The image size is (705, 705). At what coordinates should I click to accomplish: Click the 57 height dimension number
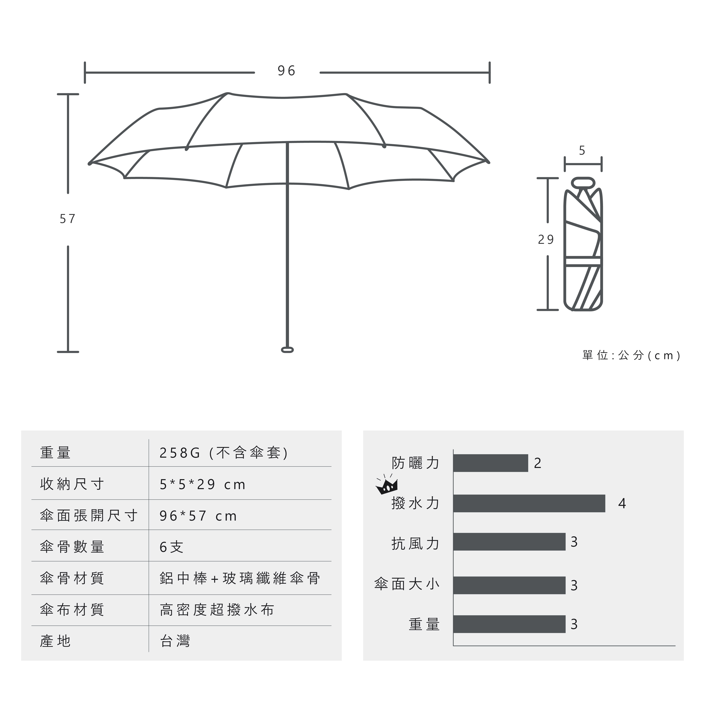point(68,219)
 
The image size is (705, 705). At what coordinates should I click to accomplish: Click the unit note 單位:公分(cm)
point(631,355)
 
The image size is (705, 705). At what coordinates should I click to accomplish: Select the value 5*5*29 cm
point(203,485)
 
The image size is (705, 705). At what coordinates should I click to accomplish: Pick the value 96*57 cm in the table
point(198,516)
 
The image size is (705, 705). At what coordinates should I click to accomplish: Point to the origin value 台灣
point(175,641)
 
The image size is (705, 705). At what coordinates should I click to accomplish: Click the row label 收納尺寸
point(72,484)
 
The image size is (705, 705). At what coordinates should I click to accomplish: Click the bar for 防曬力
point(491,463)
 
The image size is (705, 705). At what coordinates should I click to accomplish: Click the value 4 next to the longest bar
point(622,503)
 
